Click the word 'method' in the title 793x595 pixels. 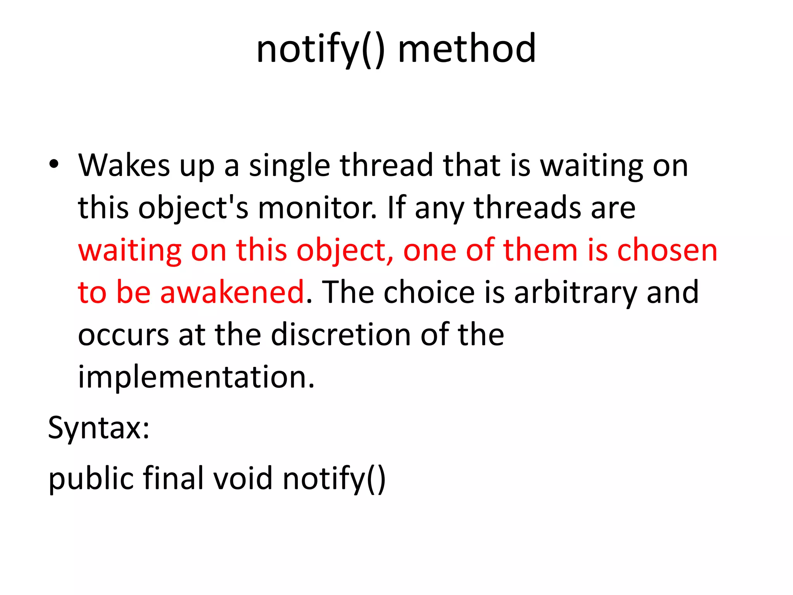coord(467,49)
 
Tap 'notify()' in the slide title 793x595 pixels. coord(321,50)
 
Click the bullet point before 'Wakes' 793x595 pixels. coord(54,164)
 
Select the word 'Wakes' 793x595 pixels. coord(124,165)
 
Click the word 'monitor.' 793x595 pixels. coord(318,208)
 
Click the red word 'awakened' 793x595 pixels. coord(232,292)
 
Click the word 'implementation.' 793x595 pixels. coord(196,377)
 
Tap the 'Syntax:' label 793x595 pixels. coord(99,428)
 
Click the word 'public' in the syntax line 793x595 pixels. coord(91,479)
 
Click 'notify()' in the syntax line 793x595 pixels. coord(334,479)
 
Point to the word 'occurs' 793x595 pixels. coord(123,335)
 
